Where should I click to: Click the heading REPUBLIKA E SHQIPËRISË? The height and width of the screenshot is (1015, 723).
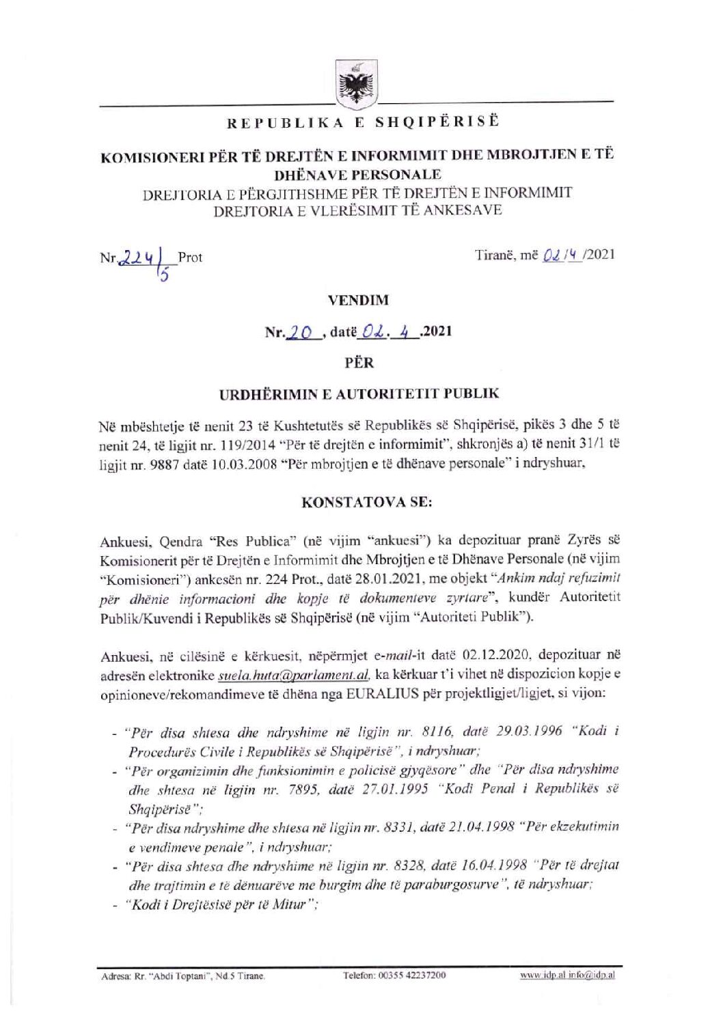[x=354, y=123]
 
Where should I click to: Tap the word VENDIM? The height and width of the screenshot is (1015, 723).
[x=358, y=300]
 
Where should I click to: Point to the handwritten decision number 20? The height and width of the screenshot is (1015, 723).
[x=301, y=332]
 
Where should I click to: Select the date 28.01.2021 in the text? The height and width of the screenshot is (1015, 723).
[x=363, y=578]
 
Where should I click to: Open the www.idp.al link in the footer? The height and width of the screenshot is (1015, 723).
[x=541, y=975]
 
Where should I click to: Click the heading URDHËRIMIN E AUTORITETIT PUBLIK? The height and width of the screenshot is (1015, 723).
[x=359, y=394]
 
